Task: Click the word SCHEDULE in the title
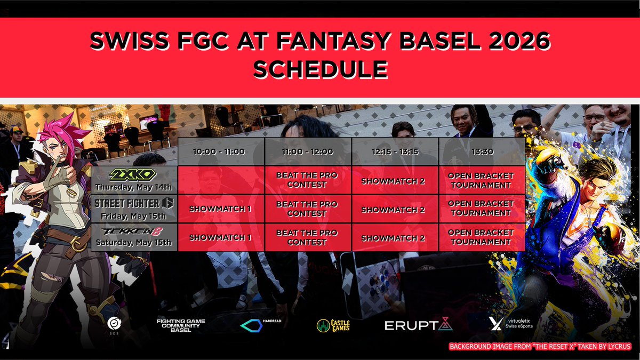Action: point(321,69)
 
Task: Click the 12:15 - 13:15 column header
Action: point(395,151)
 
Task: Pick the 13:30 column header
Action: point(482,151)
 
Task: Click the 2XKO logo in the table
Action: point(133,174)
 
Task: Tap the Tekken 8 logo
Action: point(133,231)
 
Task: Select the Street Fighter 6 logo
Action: point(134,203)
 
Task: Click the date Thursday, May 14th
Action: point(134,187)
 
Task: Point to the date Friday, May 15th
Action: point(133,217)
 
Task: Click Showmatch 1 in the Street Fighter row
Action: point(220,209)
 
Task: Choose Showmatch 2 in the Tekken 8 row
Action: point(393,238)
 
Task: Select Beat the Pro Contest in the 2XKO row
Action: point(307,180)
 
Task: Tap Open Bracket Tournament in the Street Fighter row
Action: point(481,209)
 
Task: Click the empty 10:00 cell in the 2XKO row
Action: point(221,180)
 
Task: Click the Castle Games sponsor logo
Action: point(333,326)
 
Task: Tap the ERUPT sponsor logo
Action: point(419,324)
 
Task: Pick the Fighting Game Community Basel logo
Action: point(181,325)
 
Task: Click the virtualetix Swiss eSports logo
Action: point(511,323)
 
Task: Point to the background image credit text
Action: point(540,347)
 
